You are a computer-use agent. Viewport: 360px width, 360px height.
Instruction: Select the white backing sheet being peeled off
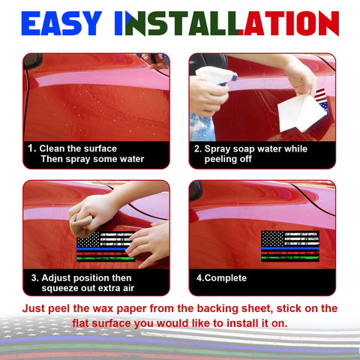click(298, 111)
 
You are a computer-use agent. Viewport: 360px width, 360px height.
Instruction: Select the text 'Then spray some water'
click(91, 159)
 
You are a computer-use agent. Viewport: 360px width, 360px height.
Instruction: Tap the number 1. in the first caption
click(32, 148)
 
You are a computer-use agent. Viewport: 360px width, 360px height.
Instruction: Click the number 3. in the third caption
click(34, 277)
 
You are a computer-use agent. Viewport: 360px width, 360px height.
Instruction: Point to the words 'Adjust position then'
click(87, 277)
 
